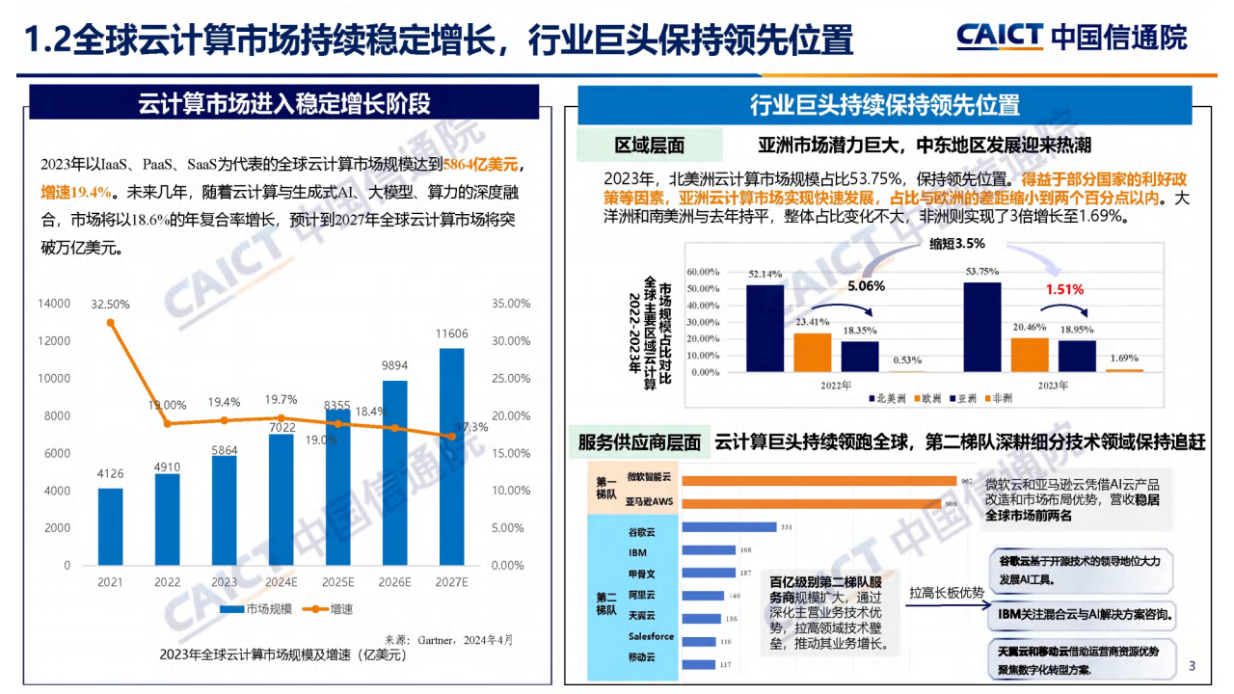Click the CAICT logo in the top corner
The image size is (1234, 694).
pyautogui.click(x=1071, y=37)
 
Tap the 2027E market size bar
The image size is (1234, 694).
pyautogui.click(x=451, y=456)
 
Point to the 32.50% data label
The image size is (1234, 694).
pyautogui.click(x=110, y=305)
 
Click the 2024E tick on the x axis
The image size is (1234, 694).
pyautogui.click(x=281, y=582)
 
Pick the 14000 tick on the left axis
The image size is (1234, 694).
pyautogui.click(x=54, y=304)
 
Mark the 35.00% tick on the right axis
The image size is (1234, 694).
pyautogui.click(x=511, y=304)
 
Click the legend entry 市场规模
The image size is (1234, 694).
pyautogui.click(x=256, y=609)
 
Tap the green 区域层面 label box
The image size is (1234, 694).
pyautogui.click(x=649, y=146)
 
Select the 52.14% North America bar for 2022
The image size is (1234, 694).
pyautogui.click(x=765, y=328)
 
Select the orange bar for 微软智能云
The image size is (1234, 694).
pyautogui.click(x=818, y=481)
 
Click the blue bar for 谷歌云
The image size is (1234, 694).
pyautogui.click(x=729, y=526)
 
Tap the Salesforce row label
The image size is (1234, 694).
pyautogui.click(x=651, y=636)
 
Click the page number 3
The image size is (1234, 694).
pyautogui.click(x=1192, y=666)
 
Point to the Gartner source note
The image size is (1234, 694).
pyautogui.click(x=449, y=639)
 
